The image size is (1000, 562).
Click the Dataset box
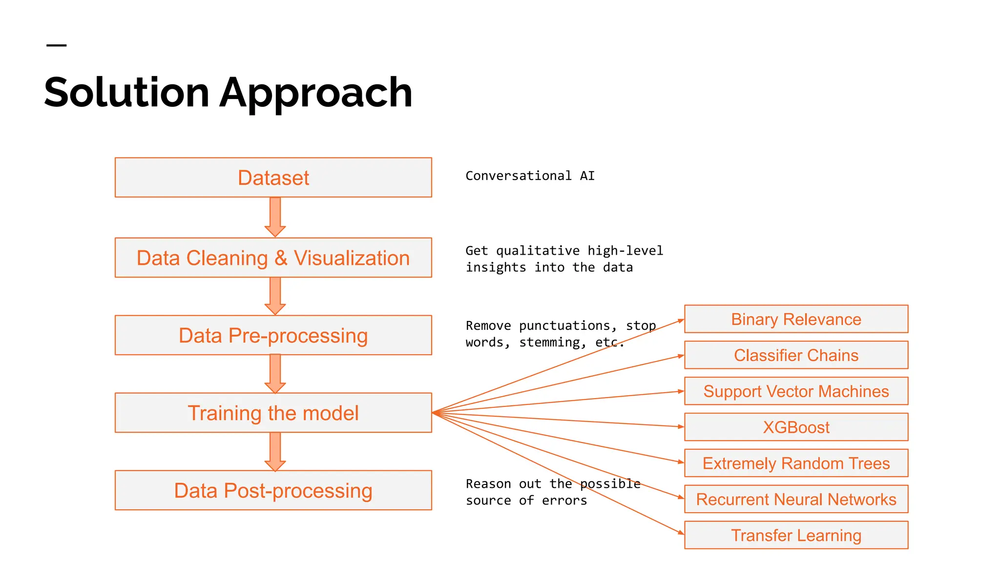point(273,178)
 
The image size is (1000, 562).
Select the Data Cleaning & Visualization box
point(273,258)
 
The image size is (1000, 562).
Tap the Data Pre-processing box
point(273,335)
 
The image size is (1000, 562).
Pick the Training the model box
point(273,413)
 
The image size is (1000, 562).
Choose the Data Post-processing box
point(273,490)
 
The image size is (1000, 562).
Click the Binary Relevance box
point(796,319)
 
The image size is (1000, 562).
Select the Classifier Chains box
point(796,355)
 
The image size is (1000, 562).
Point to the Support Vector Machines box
point(796,391)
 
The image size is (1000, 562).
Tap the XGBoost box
point(796,427)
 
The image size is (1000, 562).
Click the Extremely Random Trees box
point(796,463)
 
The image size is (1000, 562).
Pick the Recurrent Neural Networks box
point(796,499)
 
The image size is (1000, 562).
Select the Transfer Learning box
point(796,535)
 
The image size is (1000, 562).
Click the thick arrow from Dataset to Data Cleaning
point(275,216)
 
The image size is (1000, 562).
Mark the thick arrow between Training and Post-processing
point(275,451)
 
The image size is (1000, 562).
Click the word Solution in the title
point(127,93)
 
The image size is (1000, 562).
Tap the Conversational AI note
point(530,176)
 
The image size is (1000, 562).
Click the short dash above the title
point(56,45)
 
